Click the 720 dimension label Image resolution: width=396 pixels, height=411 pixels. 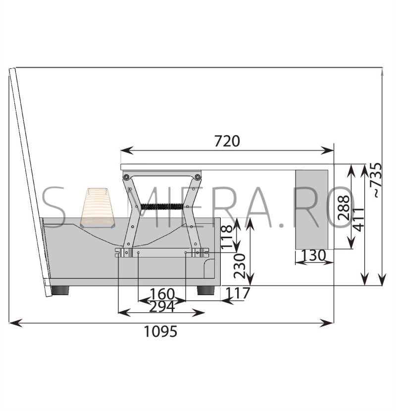tap(227, 141)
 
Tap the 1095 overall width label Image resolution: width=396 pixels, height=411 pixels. tap(160, 331)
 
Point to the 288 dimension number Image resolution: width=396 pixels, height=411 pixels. tap(344, 207)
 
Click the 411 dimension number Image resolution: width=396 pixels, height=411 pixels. tap(358, 220)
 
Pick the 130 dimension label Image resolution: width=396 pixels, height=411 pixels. tap(313, 256)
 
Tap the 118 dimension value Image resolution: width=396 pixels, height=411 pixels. tap(227, 237)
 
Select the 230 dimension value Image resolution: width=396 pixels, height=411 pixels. tap(240, 266)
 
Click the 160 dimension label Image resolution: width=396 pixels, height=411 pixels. tap(162, 294)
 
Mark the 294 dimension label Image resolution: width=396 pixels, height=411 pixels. tap(162, 307)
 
